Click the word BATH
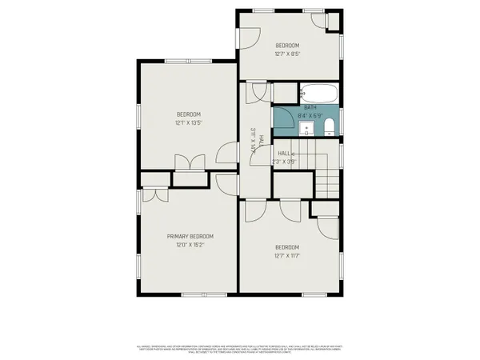coord(310,107)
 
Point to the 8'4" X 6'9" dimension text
coord(310,116)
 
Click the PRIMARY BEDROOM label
coord(190,236)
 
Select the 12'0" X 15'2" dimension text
coord(190,246)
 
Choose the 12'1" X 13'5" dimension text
coord(189,123)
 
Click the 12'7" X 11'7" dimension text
coord(286,257)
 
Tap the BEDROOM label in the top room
coord(287,45)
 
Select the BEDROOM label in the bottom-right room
coord(286,246)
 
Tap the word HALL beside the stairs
coord(284,152)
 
